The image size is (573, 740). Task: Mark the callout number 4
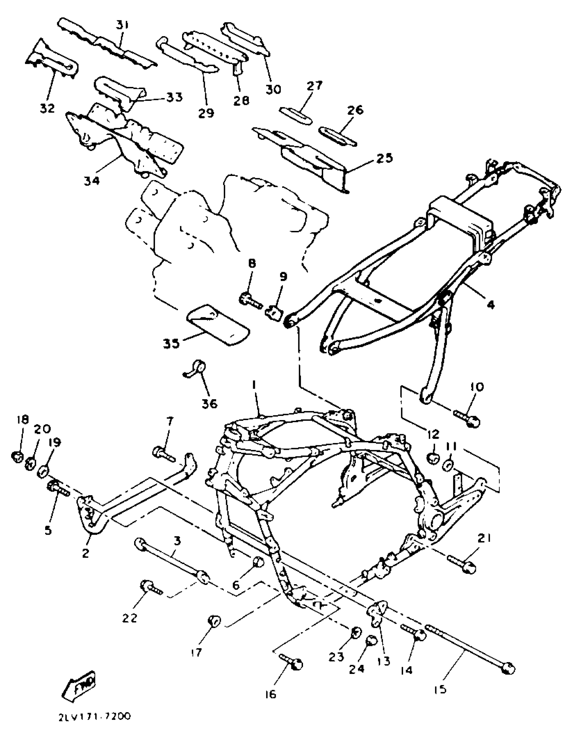click(490, 305)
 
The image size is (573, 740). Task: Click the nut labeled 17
click(214, 620)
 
